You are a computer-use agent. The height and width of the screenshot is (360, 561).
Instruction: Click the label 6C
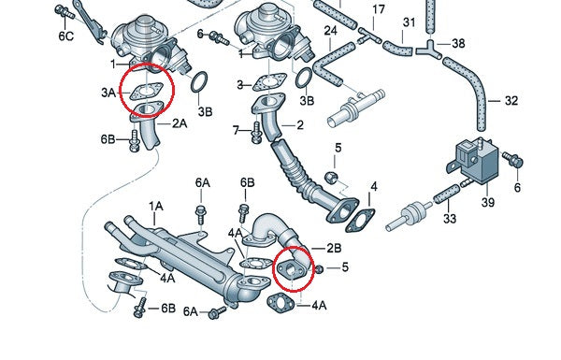point(65,36)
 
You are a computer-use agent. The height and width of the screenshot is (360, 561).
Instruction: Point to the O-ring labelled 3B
point(199,85)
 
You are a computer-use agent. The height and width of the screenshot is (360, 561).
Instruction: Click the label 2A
point(179,122)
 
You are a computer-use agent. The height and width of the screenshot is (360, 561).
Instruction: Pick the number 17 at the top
point(378,10)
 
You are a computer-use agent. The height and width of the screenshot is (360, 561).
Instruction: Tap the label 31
point(409,22)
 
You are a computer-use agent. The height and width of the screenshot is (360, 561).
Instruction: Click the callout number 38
point(457,43)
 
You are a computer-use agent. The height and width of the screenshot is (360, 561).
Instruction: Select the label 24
point(330,31)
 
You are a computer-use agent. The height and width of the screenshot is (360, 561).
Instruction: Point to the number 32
point(511,100)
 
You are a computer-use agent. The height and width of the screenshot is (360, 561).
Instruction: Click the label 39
point(485,203)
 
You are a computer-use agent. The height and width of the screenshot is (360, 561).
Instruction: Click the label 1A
point(156,205)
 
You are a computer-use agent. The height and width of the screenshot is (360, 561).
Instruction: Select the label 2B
point(334,248)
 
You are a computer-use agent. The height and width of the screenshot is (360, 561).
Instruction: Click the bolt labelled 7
point(253,134)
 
